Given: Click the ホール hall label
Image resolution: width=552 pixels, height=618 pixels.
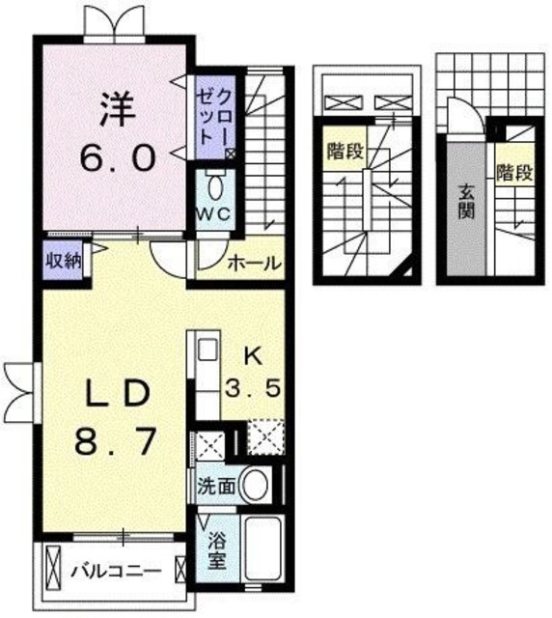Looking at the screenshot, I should [254, 263].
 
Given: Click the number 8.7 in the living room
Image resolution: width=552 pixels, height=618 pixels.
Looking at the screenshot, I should [114, 444].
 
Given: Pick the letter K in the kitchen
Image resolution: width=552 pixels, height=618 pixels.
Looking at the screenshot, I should [253, 356].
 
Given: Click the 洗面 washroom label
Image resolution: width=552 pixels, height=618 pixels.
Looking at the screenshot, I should [216, 486].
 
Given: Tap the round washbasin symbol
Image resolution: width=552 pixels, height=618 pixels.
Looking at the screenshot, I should [256, 485].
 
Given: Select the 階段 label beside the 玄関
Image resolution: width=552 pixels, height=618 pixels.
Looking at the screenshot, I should [514, 174].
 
